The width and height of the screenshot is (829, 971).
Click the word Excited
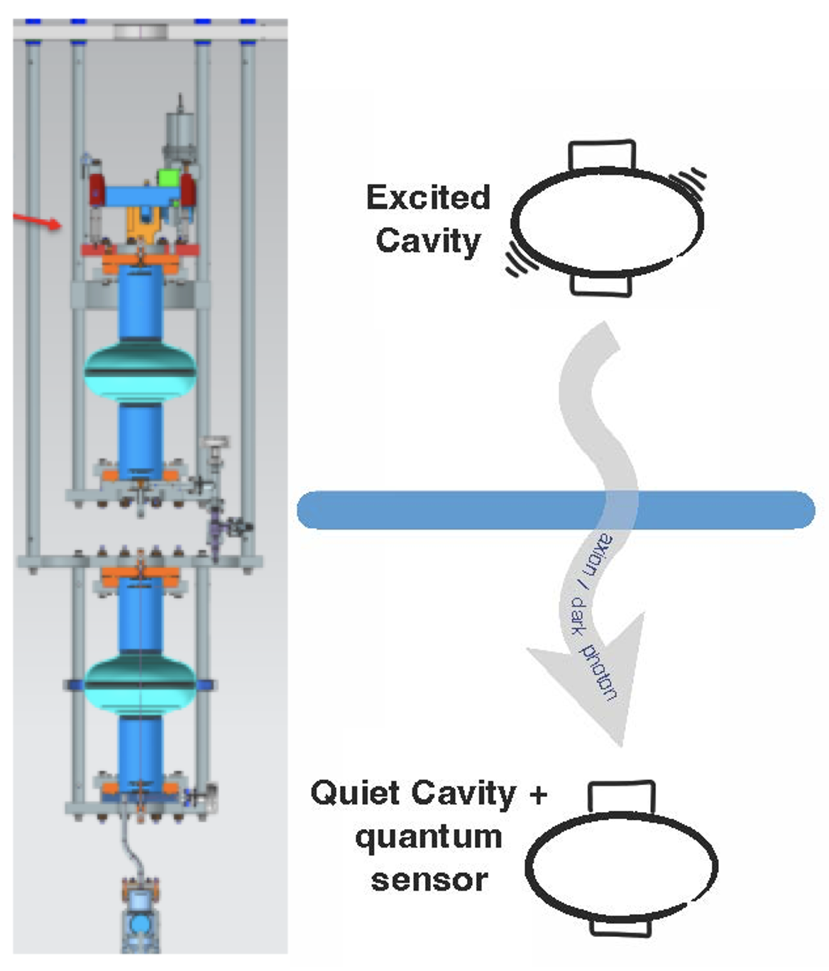click(x=428, y=197)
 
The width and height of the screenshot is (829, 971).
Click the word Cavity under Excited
click(x=428, y=241)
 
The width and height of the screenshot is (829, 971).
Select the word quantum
click(x=429, y=836)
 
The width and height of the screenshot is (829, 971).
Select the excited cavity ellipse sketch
click(x=608, y=221)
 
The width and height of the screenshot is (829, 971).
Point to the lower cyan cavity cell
click(x=140, y=683)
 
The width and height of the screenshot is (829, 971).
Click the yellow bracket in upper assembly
click(x=142, y=223)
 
